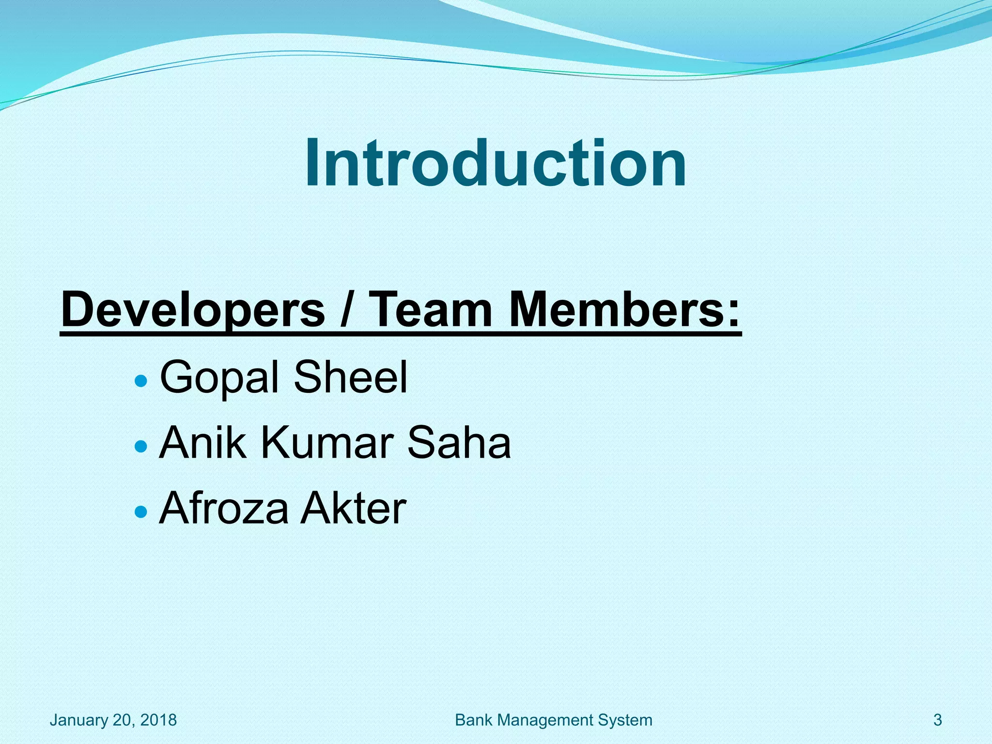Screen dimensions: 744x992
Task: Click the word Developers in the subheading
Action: point(193,309)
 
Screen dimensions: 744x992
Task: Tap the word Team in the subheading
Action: point(432,309)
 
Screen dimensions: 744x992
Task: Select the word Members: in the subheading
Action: point(625,309)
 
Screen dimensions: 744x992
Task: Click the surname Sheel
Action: point(351,377)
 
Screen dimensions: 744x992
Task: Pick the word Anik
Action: point(202,442)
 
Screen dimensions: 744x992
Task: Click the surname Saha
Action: point(459,442)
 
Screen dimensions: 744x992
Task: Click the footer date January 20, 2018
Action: point(113,720)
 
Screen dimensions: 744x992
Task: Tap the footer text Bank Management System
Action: point(554,720)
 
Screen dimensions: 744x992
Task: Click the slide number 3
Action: point(937,720)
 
